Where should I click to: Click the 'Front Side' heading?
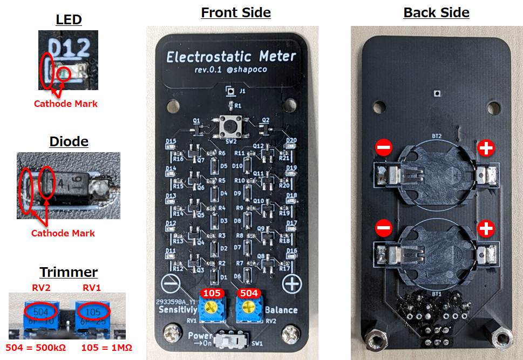(236, 12)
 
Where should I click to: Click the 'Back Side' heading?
(436, 12)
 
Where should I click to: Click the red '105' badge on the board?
(210, 294)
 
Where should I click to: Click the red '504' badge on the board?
(248, 294)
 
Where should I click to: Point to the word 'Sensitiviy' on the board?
(177, 310)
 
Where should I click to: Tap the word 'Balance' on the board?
(281, 310)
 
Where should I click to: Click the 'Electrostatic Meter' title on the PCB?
(231, 57)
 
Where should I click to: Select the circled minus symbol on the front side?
(171, 283)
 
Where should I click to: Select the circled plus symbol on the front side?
(292, 283)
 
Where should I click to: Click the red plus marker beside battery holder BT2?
(486, 148)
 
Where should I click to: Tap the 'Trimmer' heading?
(69, 271)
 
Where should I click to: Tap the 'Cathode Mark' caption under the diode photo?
(63, 233)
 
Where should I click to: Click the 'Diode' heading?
(69, 141)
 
